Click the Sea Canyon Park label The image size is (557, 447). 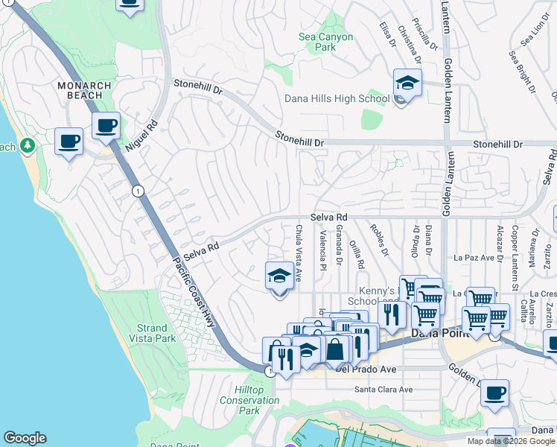(325, 42)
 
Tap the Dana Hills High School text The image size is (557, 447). (337, 98)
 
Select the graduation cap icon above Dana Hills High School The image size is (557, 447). (407, 83)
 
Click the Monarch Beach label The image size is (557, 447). (85, 91)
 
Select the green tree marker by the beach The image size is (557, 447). (28, 145)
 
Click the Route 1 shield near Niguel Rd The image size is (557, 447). (138, 191)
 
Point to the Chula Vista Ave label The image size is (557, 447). (299, 253)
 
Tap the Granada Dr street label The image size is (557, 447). (339, 245)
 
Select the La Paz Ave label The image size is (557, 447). (474, 258)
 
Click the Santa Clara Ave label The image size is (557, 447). (383, 389)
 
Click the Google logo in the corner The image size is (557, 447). (25, 438)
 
